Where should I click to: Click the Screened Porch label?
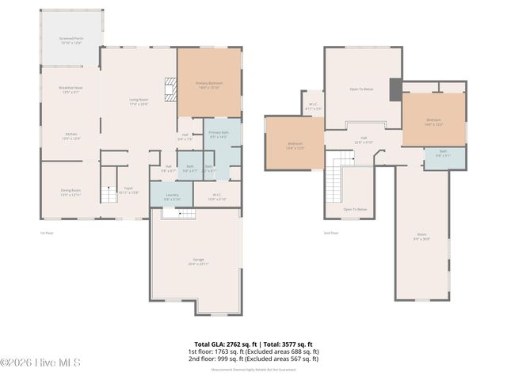71,40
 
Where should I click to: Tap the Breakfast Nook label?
71,91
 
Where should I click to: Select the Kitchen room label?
71,136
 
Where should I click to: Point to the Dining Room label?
71,192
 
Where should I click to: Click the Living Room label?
139,101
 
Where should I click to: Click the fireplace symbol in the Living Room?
169,86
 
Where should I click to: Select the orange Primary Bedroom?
208,84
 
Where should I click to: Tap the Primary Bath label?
219,134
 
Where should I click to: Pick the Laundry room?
172,196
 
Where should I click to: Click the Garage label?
197,262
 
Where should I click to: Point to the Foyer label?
128,190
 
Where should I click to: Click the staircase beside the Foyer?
108,192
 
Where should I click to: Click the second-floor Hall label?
364,140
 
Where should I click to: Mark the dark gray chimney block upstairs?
395,89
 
